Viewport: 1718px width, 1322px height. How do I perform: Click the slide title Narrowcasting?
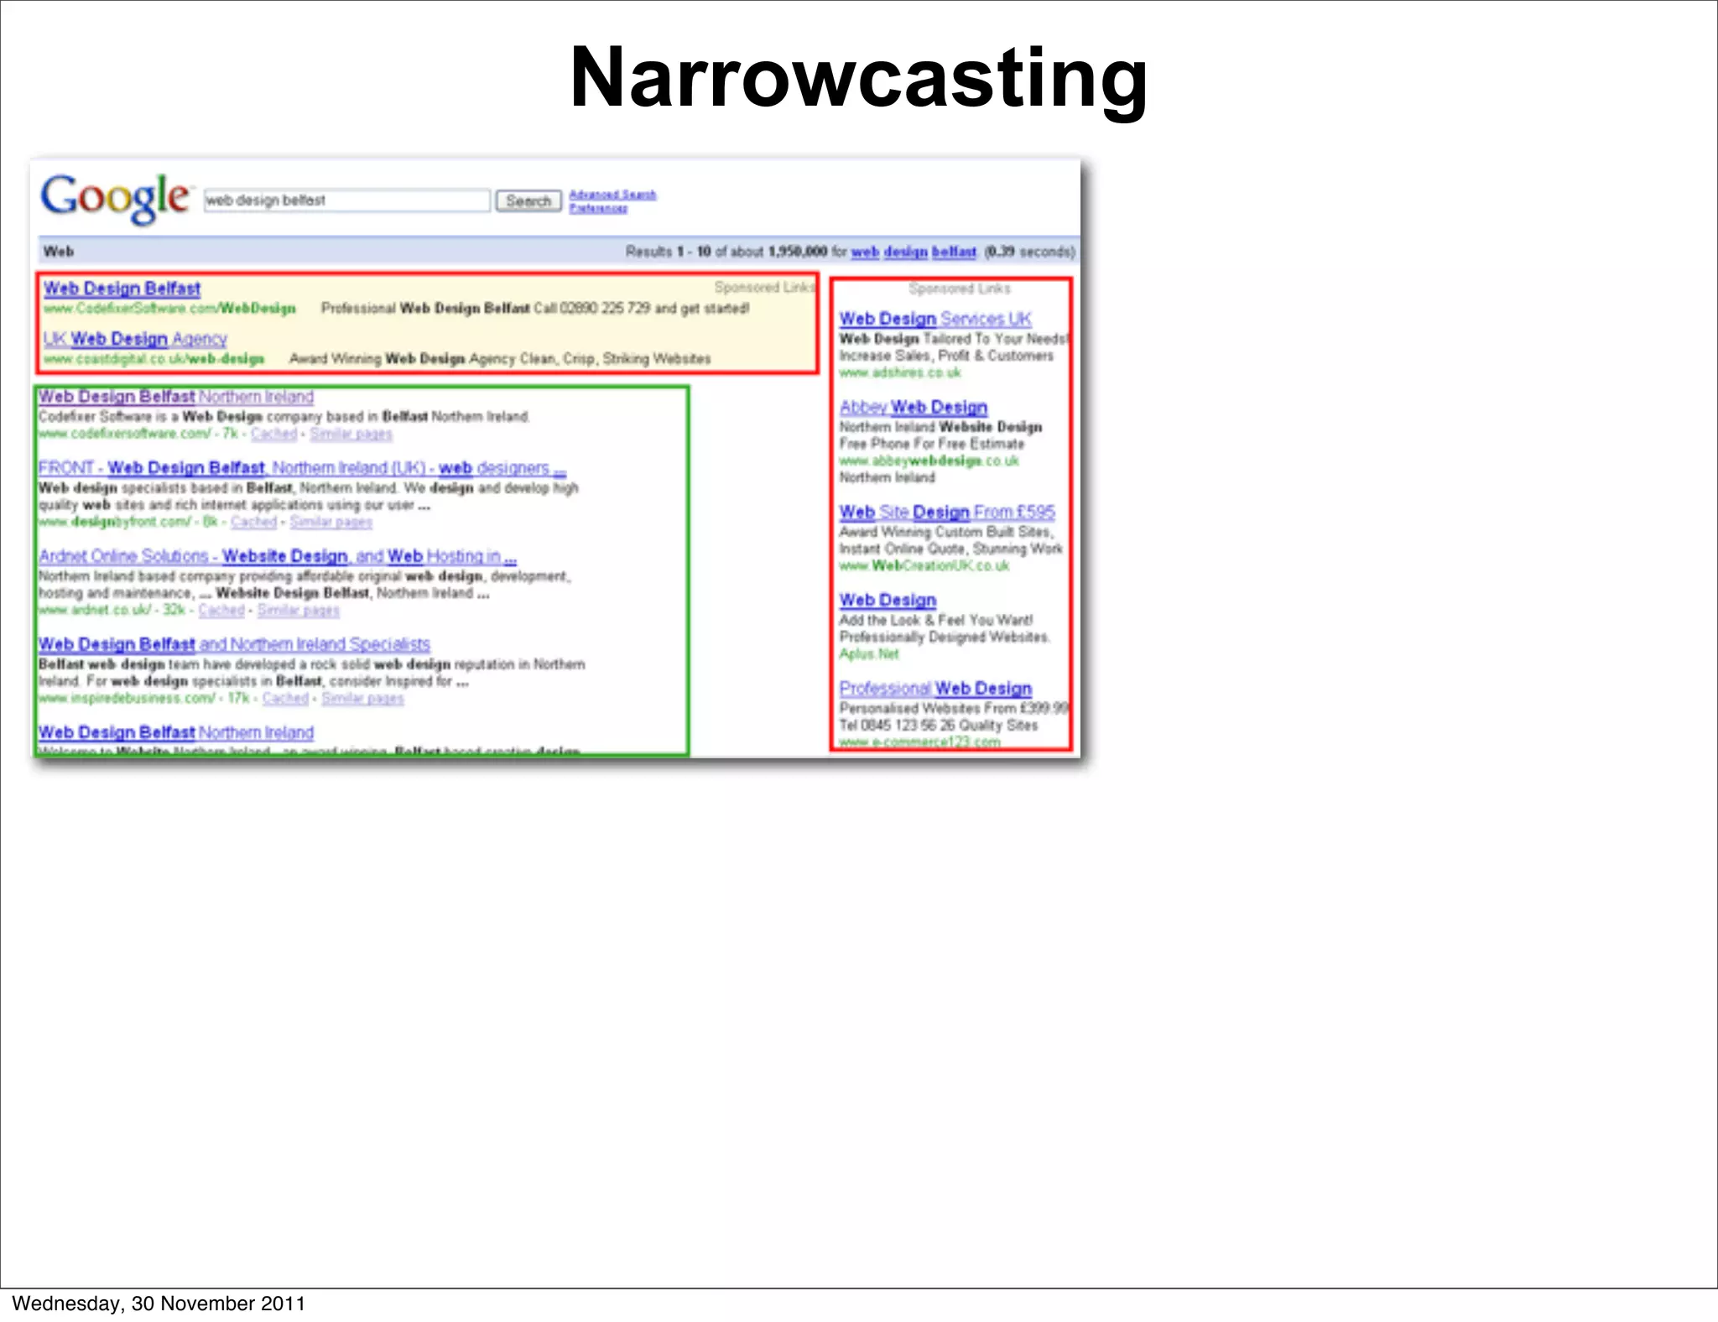coord(858,78)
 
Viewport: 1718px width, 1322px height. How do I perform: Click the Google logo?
coord(116,198)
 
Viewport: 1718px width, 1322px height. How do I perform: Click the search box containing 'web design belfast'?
coord(346,200)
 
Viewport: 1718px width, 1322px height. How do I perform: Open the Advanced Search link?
coord(612,195)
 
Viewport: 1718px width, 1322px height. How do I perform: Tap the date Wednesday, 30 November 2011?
coord(159,1303)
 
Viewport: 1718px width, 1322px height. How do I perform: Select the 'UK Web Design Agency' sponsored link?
coord(135,339)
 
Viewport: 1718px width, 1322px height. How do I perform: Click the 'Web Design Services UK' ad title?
coord(935,319)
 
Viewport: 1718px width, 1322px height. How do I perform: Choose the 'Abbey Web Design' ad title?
coord(914,407)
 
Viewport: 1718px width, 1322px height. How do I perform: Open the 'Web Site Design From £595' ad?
coord(947,512)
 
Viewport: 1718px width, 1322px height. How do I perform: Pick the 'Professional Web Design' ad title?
coord(935,688)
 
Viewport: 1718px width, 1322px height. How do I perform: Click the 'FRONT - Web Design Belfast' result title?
coord(302,467)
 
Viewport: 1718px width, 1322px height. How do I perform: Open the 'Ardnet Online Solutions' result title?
coord(277,556)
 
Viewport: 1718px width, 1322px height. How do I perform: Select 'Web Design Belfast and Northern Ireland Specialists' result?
coord(234,644)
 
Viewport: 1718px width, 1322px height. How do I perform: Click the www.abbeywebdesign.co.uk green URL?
coord(929,461)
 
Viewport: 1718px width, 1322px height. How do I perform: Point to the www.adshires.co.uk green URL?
coord(899,372)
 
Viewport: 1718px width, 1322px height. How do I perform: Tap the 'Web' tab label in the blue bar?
coord(59,252)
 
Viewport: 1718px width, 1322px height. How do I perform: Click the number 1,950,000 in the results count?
coord(797,252)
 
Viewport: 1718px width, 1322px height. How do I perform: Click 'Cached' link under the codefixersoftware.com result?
coord(273,434)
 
